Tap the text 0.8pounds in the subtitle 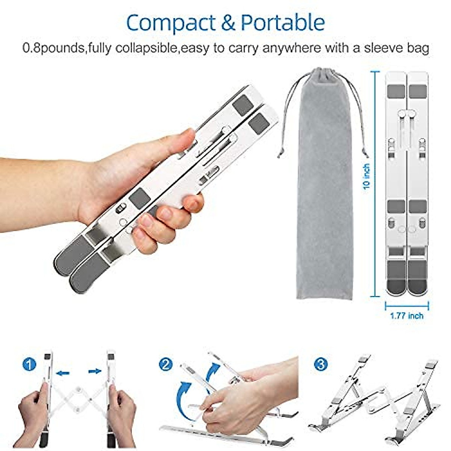[x=53, y=48]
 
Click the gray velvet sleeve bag [x=324, y=188]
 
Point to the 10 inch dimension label [x=367, y=177]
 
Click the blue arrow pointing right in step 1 [x=95, y=371]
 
